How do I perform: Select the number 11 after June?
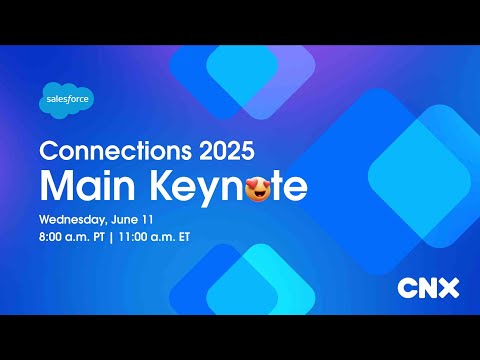tap(151, 218)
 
